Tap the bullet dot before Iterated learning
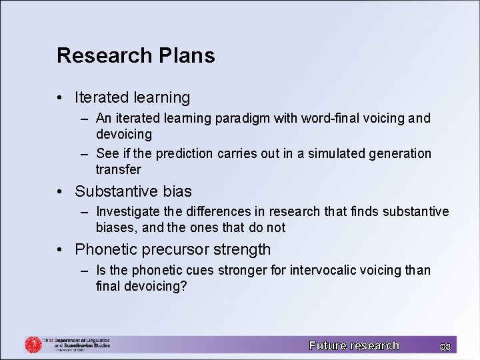tap(60, 97)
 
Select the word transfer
tap(118, 169)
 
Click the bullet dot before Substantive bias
tap(60, 191)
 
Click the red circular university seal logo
tap(33, 344)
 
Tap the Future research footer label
tap(354, 345)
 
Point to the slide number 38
tap(445, 347)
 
